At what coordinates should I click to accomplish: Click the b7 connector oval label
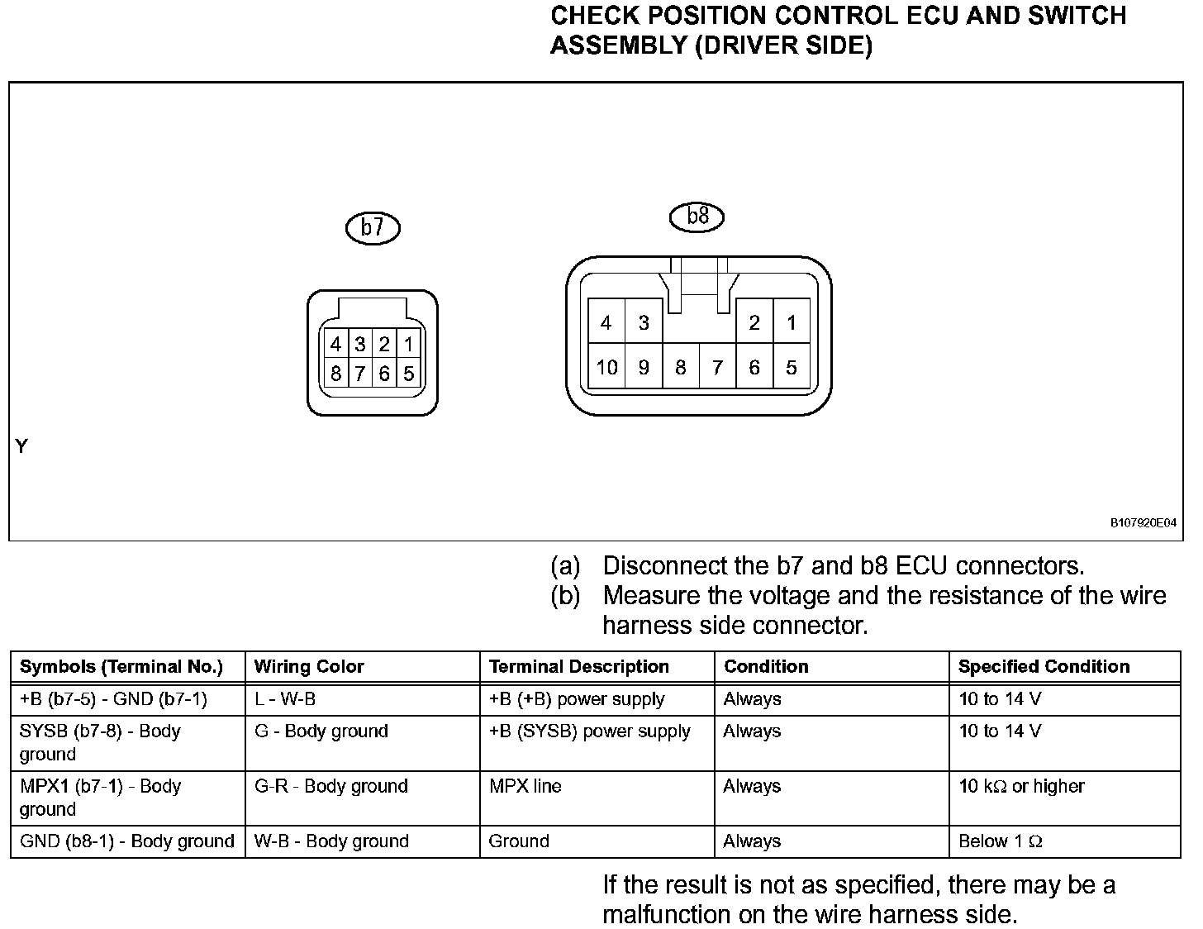[x=373, y=227]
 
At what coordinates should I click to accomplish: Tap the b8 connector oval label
[x=697, y=217]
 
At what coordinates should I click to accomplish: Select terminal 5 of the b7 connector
[x=408, y=374]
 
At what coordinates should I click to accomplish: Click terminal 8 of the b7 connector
[x=335, y=374]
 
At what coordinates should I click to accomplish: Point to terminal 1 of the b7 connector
[x=408, y=344]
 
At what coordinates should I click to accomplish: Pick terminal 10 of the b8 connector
[x=606, y=367]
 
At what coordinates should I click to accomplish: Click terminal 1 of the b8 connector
[x=792, y=322]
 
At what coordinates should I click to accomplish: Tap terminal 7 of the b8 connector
[x=717, y=367]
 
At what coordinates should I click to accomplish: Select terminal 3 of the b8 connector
[x=644, y=322]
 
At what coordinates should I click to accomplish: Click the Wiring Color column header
[x=309, y=667]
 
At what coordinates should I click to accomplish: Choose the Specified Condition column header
[x=1044, y=667]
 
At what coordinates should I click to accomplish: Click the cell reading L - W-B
[x=285, y=699]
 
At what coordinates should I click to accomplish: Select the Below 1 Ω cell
[x=1001, y=841]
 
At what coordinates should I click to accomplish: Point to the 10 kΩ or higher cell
[x=1021, y=786]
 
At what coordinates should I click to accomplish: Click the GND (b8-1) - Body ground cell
[x=126, y=841]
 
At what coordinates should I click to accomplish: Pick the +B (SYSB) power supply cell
[x=589, y=731]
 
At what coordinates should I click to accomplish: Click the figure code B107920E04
[x=1143, y=522]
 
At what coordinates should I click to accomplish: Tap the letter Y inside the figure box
[x=22, y=447]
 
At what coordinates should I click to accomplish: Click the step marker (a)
[x=566, y=566]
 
